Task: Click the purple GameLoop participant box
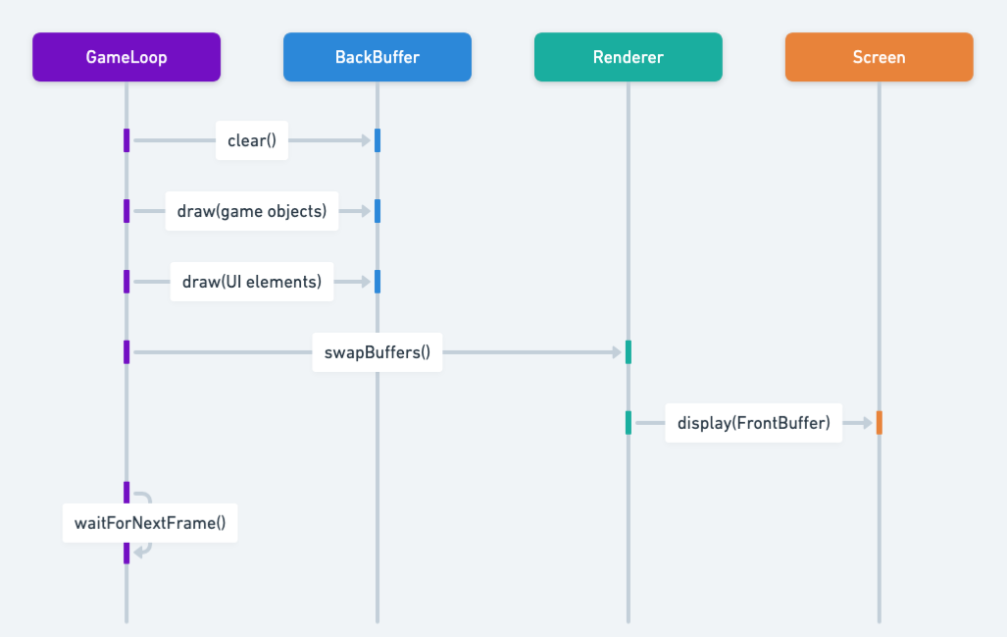coord(126,57)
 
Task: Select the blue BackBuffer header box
coord(378,57)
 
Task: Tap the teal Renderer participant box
coord(629,57)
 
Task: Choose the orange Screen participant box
coord(880,57)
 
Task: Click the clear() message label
coord(252,140)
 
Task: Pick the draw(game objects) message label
coord(252,211)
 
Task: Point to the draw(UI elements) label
coord(252,282)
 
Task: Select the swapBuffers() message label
coord(378,352)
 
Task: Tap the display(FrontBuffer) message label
coord(753,423)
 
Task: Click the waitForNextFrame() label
coord(150,523)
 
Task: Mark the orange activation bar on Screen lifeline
coord(880,423)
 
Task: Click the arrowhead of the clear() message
coord(367,140)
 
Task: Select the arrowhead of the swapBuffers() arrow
coord(617,352)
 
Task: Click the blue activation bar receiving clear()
coord(378,140)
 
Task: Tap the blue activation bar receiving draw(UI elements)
coord(378,282)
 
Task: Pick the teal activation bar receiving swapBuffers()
coord(629,352)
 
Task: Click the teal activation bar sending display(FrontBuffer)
coord(629,423)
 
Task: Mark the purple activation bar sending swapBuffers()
coord(126,352)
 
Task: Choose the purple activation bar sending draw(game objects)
coord(126,211)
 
